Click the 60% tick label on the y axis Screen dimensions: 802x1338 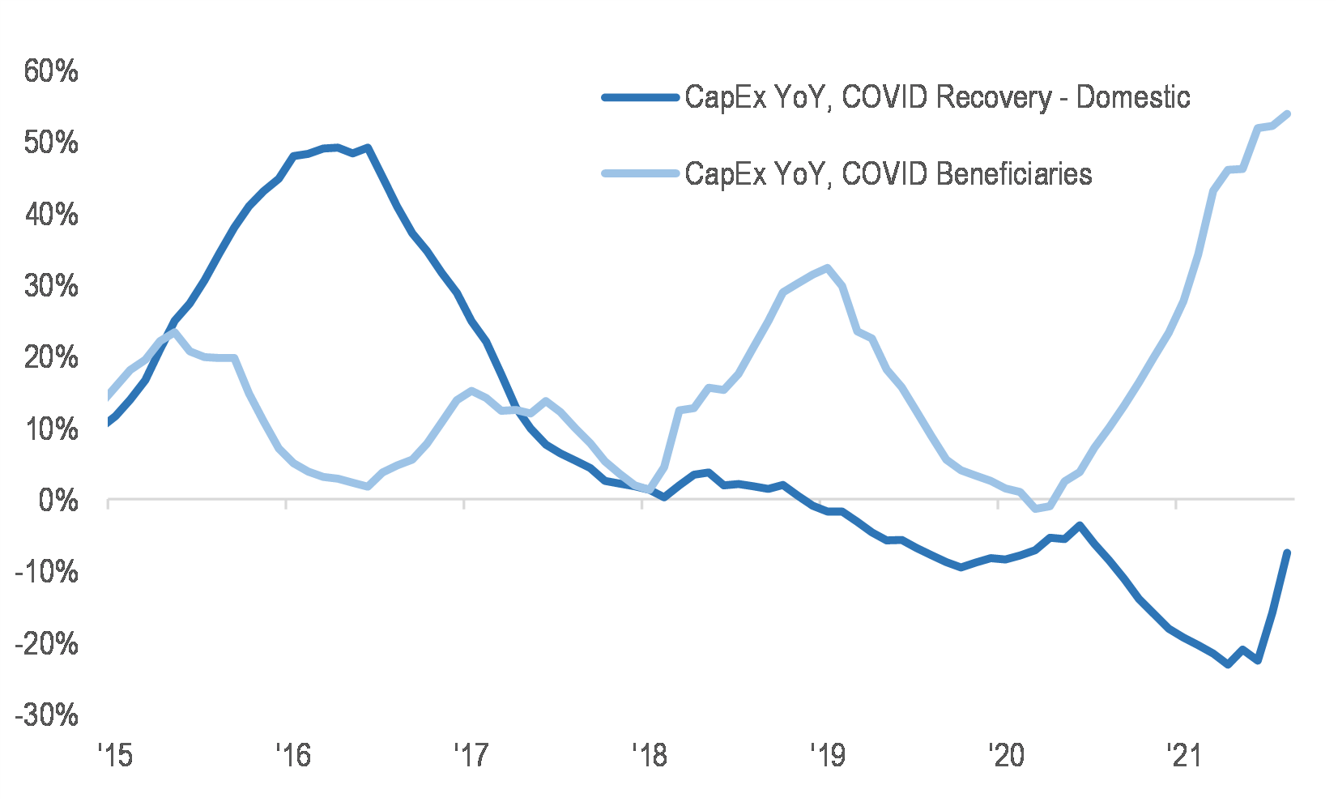pos(50,72)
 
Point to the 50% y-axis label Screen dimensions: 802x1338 pos(50,143)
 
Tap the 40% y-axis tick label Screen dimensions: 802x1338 pos(50,215)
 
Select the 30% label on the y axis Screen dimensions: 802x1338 pos(50,287)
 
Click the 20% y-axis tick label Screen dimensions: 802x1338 pos(50,358)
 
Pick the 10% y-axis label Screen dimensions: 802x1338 pos(50,429)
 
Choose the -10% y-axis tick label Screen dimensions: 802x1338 pos(46,573)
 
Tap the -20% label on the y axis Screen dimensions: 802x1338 pos(46,645)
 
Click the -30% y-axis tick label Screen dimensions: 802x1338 pos(46,716)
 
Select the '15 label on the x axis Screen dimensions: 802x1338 pos(114,756)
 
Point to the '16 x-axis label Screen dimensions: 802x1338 pos(292,756)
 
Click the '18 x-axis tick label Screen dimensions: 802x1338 pos(649,756)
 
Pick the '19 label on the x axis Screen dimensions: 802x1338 pos(827,756)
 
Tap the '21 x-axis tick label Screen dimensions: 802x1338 pos(1182,756)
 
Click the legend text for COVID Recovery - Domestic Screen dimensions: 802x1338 pos(937,97)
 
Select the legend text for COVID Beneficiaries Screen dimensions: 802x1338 pos(888,174)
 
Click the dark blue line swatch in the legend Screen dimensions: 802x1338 pos(640,98)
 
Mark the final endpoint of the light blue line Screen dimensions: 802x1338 pos(1287,114)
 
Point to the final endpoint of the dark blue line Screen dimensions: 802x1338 pos(1286,553)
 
